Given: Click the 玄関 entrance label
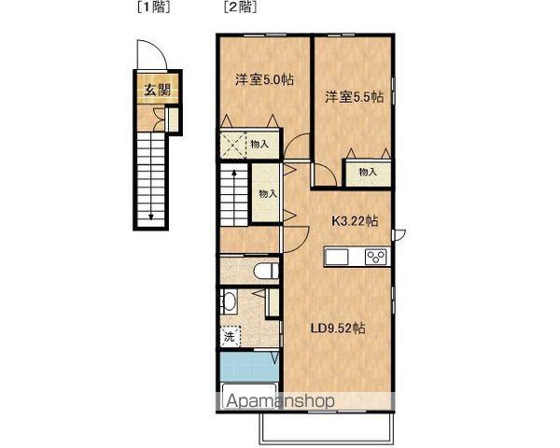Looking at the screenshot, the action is [157, 90].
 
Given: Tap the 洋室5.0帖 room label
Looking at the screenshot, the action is [265, 79].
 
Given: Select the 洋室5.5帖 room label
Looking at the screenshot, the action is [355, 97].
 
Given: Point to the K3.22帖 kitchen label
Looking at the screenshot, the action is [355, 221].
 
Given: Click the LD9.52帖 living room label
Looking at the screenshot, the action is [338, 328].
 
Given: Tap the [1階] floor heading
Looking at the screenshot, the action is [154, 7].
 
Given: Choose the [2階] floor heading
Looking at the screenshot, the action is [240, 7].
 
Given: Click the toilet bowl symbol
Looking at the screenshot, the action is [266, 272].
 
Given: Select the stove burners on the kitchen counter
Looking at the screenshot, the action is [376, 257].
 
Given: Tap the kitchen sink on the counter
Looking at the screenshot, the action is [336, 258].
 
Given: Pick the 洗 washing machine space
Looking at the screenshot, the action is [230, 336].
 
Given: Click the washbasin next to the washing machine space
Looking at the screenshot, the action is [229, 301].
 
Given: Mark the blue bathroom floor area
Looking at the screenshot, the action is [249, 367].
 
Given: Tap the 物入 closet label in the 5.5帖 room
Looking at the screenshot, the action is [368, 172].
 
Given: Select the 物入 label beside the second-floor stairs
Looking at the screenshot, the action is [268, 194].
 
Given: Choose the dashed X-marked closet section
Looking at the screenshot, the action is [233, 145].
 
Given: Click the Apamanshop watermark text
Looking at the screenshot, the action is [281, 401].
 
